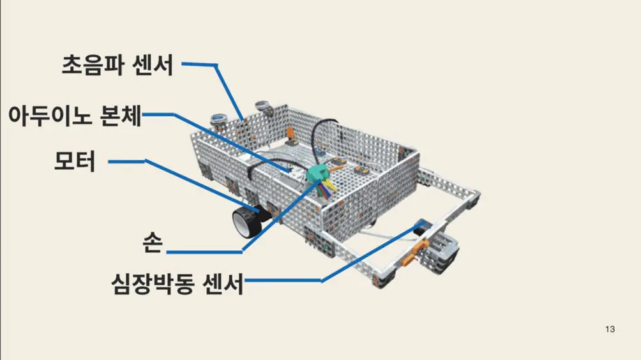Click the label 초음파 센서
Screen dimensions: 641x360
pyautogui.click(x=117, y=65)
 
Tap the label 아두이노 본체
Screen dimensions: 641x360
pyautogui.click(x=75, y=116)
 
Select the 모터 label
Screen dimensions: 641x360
pyautogui.click(x=75, y=161)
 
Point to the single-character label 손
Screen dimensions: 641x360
pyautogui.click(x=153, y=243)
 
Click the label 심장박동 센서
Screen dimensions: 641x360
pyautogui.click(x=177, y=283)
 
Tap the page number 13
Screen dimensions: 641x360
pyautogui.click(x=610, y=329)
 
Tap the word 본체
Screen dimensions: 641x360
pyautogui.click(x=121, y=116)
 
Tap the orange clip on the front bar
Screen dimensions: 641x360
pyautogui.click(x=414, y=251)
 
